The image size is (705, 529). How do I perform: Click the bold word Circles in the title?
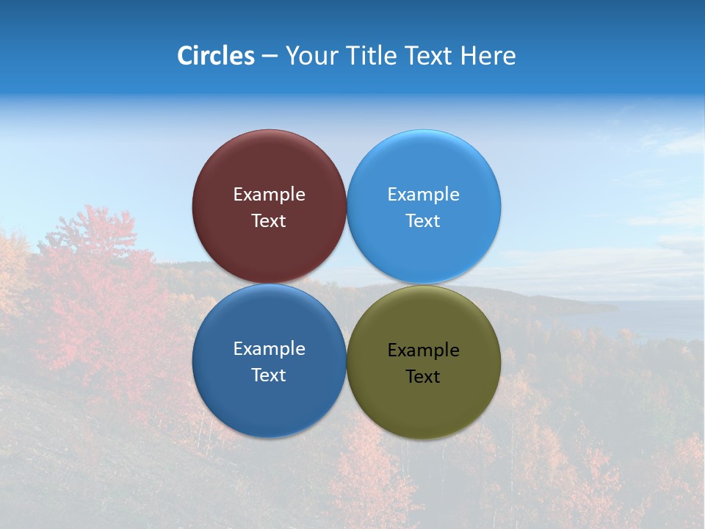tap(216, 56)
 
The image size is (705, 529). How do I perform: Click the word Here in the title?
tap(488, 56)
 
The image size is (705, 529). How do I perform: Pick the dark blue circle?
tap(269, 397)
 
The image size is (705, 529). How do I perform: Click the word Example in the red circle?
tap(269, 195)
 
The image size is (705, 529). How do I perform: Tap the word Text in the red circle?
tap(269, 221)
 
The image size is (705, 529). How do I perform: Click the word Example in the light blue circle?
tap(423, 195)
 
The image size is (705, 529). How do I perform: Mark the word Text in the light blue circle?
tap(423, 221)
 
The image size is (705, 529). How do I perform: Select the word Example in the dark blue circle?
tap(269, 349)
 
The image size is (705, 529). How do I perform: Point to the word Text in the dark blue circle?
tap(269, 375)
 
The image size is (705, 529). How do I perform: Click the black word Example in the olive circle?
tap(423, 350)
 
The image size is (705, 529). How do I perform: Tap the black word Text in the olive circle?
tap(423, 377)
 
